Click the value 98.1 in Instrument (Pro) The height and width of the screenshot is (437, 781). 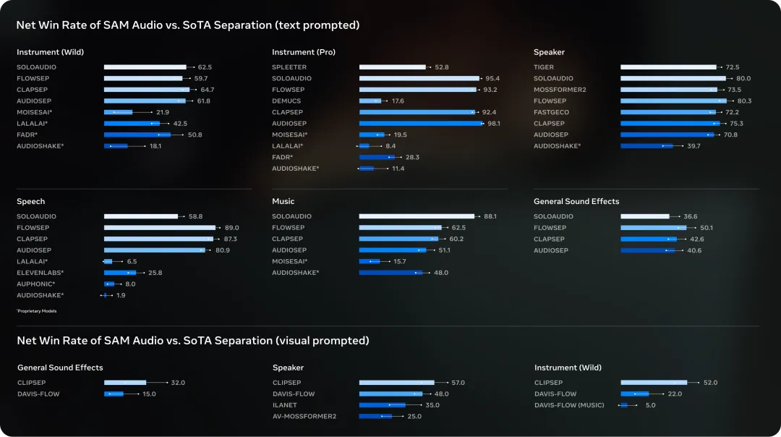pos(494,124)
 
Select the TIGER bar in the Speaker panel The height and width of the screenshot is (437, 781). pos(668,67)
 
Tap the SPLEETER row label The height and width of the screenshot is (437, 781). pos(289,67)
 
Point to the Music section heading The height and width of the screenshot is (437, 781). pos(283,201)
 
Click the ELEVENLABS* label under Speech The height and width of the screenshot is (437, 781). pos(40,273)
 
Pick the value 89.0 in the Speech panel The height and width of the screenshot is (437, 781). pos(231,228)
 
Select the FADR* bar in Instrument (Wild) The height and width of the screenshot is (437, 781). pos(137,135)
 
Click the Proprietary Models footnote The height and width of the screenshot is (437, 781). pos(36,311)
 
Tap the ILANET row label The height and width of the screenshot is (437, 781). pos(285,405)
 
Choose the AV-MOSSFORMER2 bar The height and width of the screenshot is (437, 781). pos(375,417)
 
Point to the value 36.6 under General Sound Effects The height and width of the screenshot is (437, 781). pos(691,216)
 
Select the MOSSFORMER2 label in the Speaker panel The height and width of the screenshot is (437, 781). pos(560,90)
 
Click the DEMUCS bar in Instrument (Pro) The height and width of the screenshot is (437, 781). pos(370,101)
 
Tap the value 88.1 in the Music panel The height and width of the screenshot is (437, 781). pos(490,216)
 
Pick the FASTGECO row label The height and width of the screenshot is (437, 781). pos(551,112)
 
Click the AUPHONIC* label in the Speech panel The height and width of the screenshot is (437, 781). pos(36,284)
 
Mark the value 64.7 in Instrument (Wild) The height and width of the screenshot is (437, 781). pos(207,90)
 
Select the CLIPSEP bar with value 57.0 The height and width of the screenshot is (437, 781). pos(396,383)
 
